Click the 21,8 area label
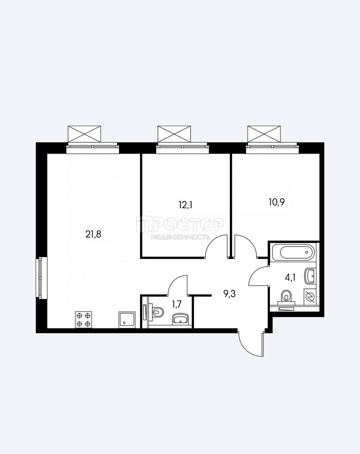(94, 234)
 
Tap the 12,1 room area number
(185, 205)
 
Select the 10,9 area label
(277, 202)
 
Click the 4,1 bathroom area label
(290, 278)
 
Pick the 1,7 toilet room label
(176, 304)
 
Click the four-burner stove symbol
(84, 320)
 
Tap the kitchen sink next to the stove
(127, 320)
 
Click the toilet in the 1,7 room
(157, 312)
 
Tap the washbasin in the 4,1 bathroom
(310, 276)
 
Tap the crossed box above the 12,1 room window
(174, 134)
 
